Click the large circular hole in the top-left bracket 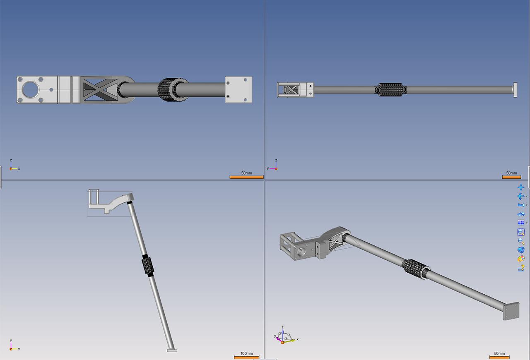[x=30, y=89]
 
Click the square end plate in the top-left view [x=238, y=89]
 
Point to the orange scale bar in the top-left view [x=246, y=177]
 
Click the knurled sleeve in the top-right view [x=390, y=90]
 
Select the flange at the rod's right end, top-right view [x=515, y=90]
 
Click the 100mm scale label [x=246, y=353]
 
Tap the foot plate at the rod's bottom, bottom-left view [x=172, y=350]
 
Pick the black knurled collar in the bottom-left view [x=148, y=266]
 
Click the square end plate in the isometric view [x=511, y=311]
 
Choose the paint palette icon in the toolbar [x=521, y=259]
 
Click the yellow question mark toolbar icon [x=521, y=268]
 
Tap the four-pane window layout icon [x=521, y=223]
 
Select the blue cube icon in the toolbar [x=521, y=250]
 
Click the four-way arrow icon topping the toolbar [x=521, y=187]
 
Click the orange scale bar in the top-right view [x=511, y=177]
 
